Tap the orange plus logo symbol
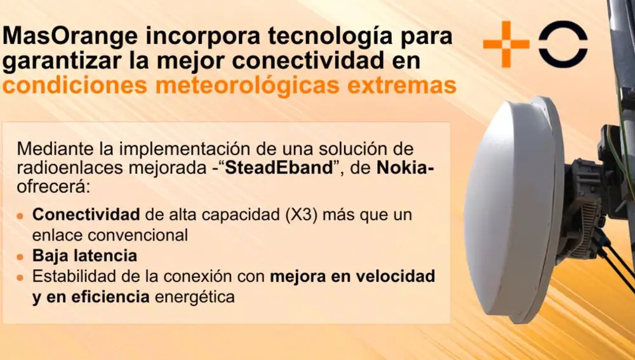[506, 44]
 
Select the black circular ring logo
[563, 44]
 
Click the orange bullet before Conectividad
[22, 215]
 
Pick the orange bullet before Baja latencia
[22, 257]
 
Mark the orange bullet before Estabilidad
[22, 277]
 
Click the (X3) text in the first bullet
[271, 215]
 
